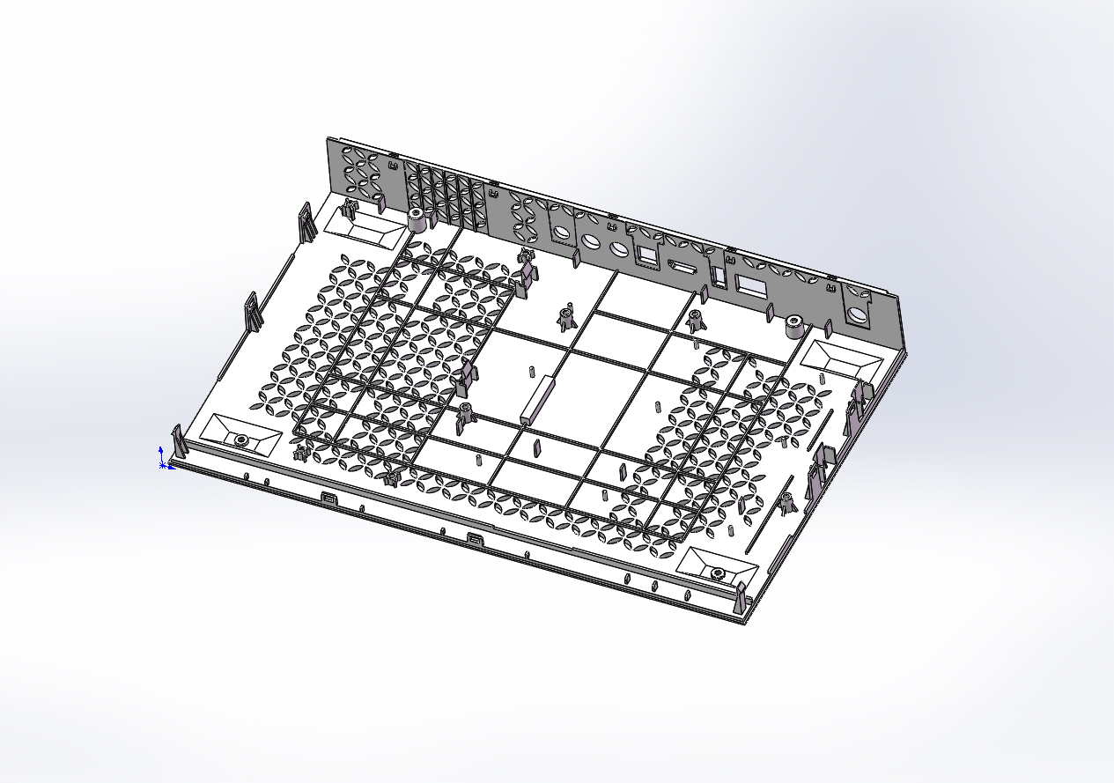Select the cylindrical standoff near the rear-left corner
[x=417, y=218]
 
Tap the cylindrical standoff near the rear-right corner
[x=793, y=327]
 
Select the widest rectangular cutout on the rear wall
[x=751, y=285]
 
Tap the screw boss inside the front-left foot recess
[x=239, y=439]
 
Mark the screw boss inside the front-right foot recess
[x=718, y=573]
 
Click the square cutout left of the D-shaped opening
[x=647, y=255]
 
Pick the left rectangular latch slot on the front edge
[x=329, y=499]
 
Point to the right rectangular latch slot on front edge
[x=474, y=538]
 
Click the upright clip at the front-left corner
[x=177, y=441]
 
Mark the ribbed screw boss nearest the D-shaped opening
[x=695, y=321]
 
